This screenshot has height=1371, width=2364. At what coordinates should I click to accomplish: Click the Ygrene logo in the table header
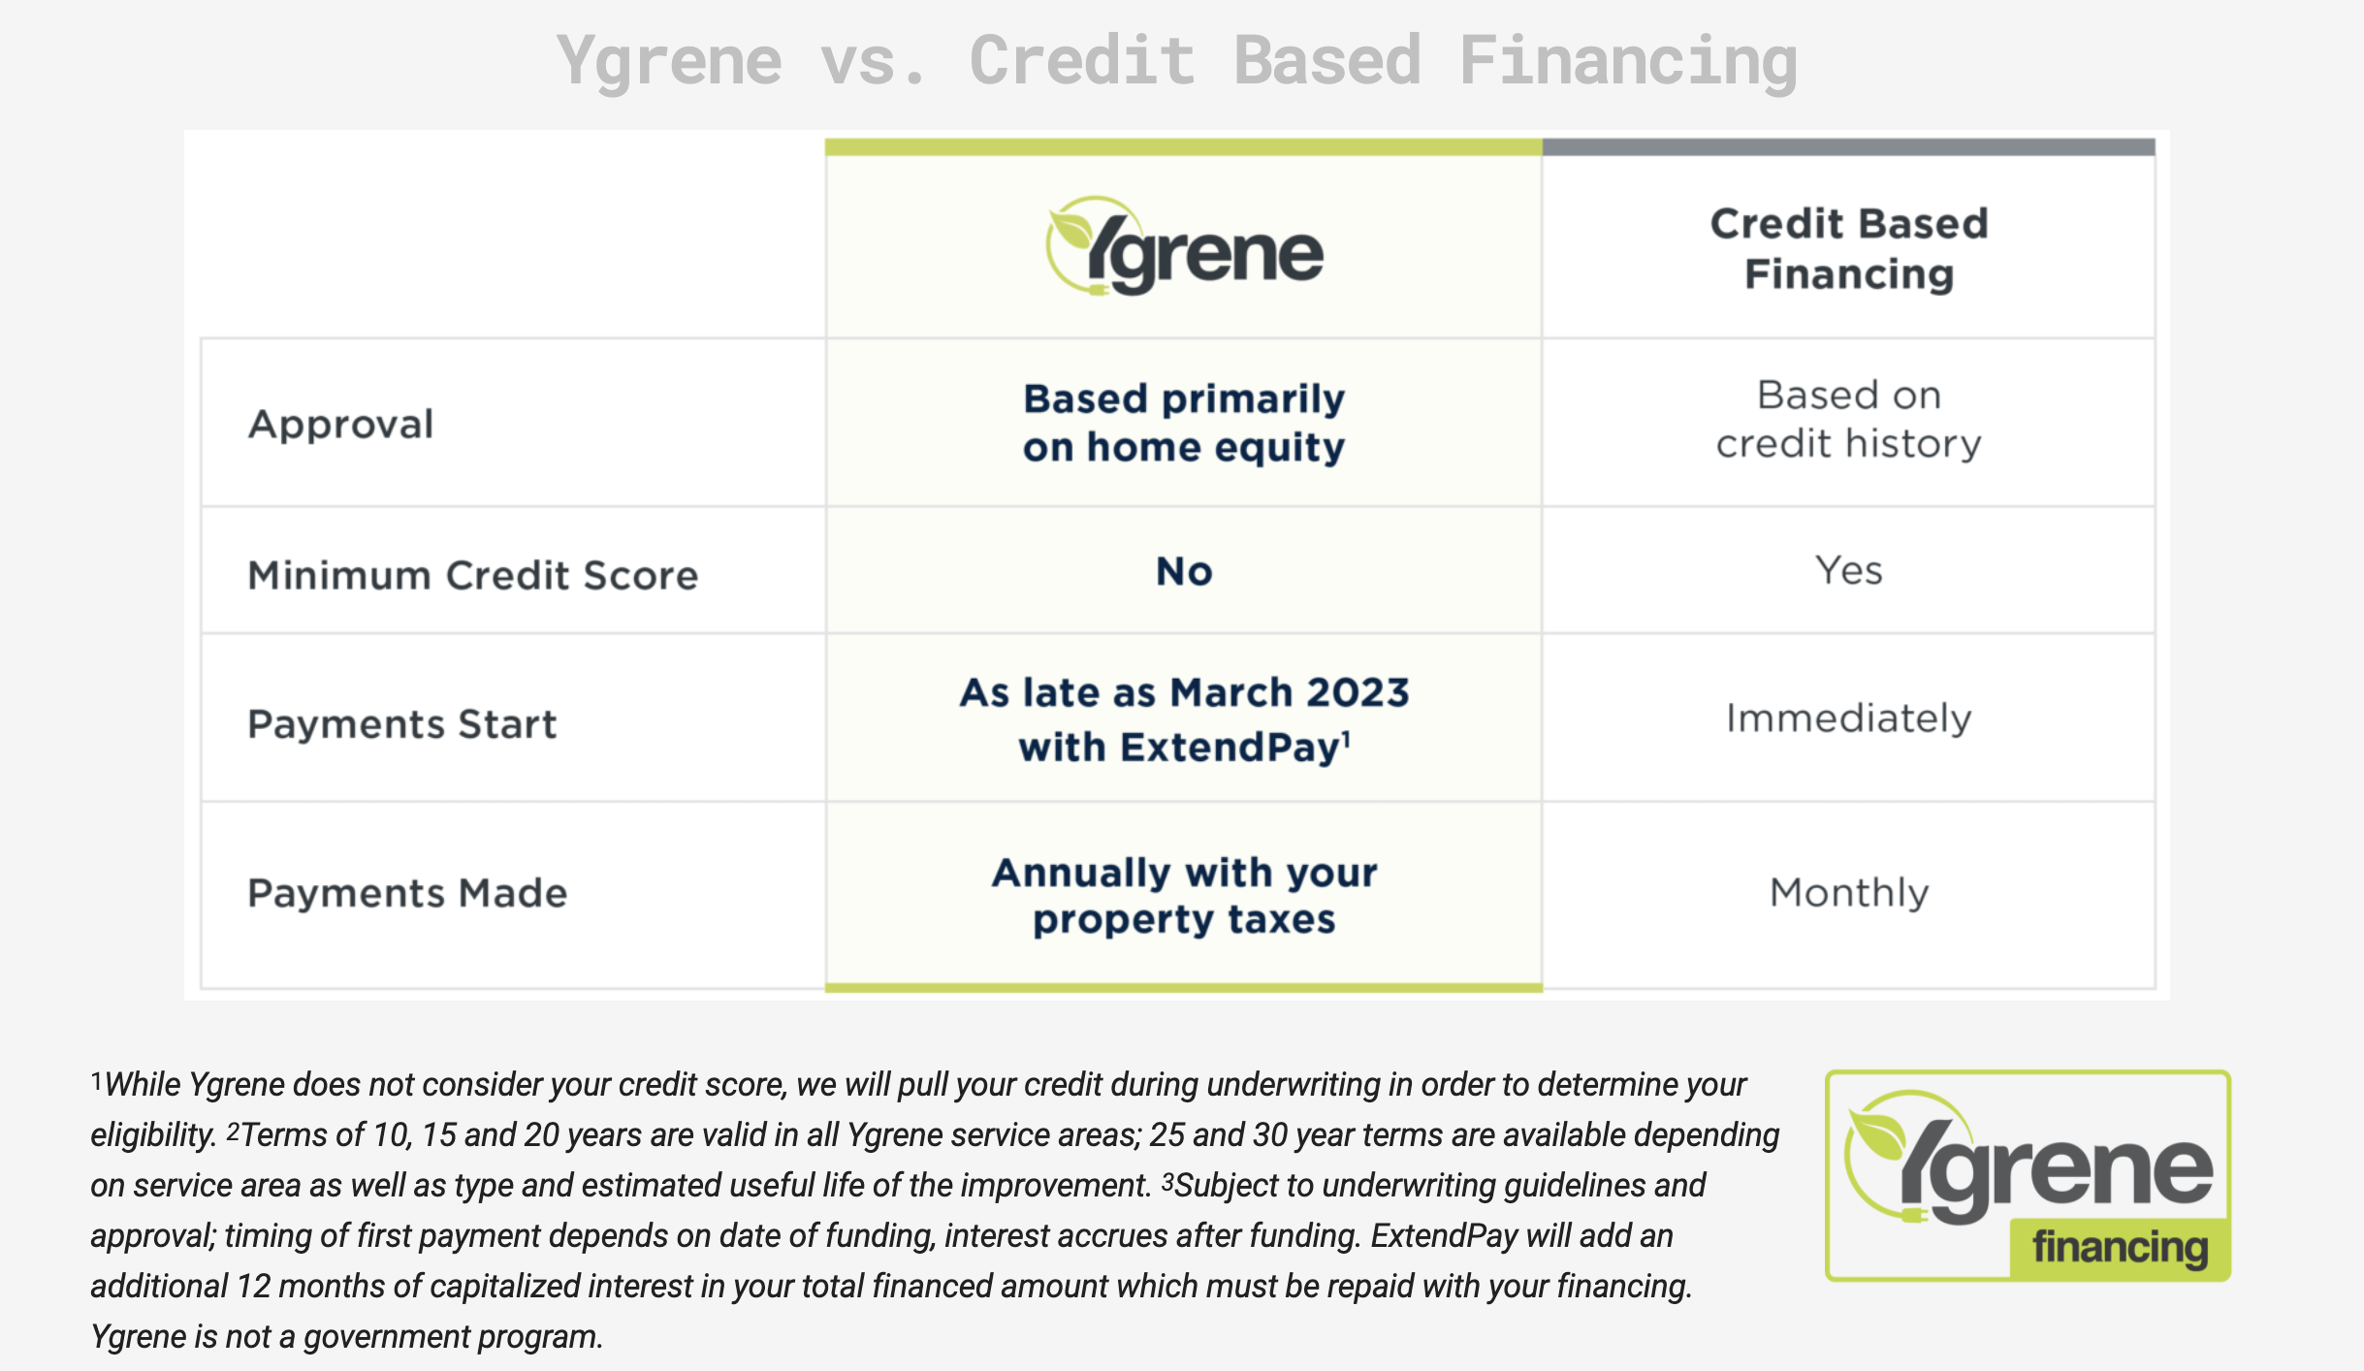pos(1184,246)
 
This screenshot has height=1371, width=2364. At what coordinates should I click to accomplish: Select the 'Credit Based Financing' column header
pos(1849,249)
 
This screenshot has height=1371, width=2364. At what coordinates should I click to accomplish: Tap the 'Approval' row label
pos(340,425)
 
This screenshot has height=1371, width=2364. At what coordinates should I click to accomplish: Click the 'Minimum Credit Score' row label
pos(473,575)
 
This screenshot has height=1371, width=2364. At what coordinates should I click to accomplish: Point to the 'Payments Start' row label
pos(402,724)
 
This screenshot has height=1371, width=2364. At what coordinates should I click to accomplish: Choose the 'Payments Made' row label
pos(407,893)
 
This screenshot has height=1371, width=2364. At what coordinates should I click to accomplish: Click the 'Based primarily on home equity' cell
pos(1184,424)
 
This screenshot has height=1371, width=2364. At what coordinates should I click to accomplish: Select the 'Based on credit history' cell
pos(1849,420)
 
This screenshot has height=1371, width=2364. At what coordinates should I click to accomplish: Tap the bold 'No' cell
pos(1184,571)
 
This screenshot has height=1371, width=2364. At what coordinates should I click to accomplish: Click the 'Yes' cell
pos(1849,570)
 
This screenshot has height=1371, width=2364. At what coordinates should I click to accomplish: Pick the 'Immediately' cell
pos(1849,718)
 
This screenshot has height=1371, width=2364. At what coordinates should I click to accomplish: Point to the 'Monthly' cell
pos(1849,893)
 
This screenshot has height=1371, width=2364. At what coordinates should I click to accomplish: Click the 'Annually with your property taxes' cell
pos(1184,896)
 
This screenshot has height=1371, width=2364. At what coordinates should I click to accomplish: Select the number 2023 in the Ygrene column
pos(1358,692)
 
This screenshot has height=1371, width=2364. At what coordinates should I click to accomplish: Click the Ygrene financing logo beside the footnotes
pos(2028,1175)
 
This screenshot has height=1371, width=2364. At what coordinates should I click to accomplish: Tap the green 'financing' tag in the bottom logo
pos(2120,1247)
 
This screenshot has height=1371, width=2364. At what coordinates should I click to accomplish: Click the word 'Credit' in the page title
pos(1082,60)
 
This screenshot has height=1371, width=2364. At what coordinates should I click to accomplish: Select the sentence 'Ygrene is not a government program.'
pos(346,1337)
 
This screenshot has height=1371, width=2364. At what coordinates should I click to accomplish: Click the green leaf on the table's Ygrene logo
pos(1073,229)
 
